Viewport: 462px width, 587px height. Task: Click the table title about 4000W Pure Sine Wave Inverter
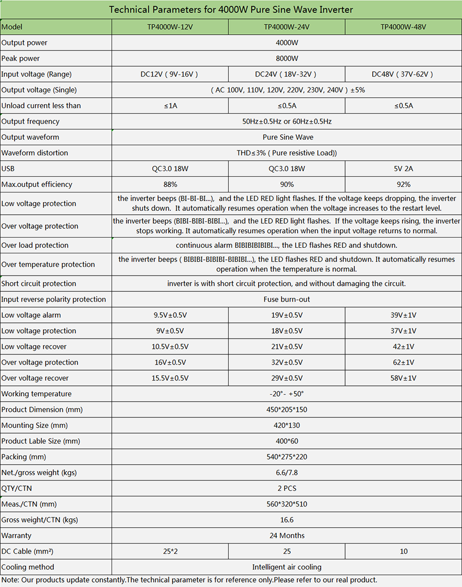tap(231, 10)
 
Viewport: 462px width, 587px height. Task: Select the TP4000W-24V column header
tap(286, 27)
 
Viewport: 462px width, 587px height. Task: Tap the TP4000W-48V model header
tap(403, 27)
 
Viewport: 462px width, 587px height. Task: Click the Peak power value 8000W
tap(286, 58)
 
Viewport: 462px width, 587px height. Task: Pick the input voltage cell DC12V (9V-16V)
tap(170, 74)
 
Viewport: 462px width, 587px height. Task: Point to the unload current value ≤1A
tap(170, 105)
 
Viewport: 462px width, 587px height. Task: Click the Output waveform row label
tap(30, 137)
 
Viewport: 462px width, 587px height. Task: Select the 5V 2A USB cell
tap(403, 168)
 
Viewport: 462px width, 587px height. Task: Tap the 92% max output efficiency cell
tap(403, 184)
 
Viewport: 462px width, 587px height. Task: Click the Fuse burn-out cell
tap(286, 299)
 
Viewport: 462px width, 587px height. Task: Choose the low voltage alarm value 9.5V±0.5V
tap(170, 315)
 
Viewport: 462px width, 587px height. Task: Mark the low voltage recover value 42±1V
tap(403, 347)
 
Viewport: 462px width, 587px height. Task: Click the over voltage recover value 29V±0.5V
tap(286, 378)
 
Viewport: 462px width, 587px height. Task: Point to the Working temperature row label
tap(36, 394)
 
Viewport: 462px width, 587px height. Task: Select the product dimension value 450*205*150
tap(286, 410)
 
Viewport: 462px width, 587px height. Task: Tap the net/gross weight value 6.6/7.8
tap(286, 473)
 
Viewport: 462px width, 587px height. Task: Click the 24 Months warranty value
tap(286, 536)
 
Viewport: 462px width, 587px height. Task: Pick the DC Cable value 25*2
tap(170, 552)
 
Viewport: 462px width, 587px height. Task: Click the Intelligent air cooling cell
tap(286, 567)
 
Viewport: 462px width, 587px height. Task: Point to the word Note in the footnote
tap(9, 580)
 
